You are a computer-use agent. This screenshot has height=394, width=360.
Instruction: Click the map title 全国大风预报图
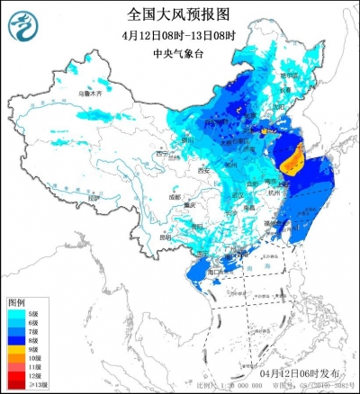tap(179, 14)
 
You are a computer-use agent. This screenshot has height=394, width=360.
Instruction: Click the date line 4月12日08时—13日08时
tap(179, 35)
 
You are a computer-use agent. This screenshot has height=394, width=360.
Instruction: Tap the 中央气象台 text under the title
tap(179, 53)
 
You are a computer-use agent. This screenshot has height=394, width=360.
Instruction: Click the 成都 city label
tap(173, 196)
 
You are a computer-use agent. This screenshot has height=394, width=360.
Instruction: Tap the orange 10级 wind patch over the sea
tap(294, 161)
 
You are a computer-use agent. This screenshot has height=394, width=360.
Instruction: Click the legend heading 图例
tap(17, 300)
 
